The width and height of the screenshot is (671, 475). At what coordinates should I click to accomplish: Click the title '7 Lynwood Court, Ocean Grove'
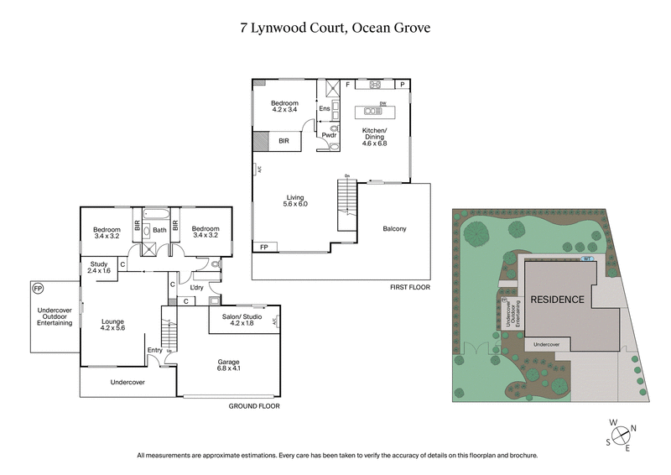coord(335,28)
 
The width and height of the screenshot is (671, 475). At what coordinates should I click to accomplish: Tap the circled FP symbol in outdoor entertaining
coord(37,289)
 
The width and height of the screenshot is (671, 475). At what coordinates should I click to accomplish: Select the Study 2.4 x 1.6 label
coord(99,268)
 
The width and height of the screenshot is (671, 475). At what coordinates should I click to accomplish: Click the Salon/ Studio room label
coord(242,319)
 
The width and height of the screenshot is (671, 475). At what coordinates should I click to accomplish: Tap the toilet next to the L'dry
coord(216,264)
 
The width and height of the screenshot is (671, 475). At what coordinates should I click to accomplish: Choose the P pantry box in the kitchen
coord(403,85)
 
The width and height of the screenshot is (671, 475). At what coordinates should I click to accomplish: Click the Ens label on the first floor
coord(324,109)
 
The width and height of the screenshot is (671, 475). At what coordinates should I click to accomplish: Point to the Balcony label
coord(394,228)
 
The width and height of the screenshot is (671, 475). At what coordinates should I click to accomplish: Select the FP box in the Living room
coord(264,247)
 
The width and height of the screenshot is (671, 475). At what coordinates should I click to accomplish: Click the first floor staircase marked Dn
coord(347,204)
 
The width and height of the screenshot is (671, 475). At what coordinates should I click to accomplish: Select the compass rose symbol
coord(621,435)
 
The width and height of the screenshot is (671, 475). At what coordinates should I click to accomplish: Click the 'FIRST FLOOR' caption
coord(409,288)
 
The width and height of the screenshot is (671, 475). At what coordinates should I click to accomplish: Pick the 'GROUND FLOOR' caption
coord(254,405)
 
